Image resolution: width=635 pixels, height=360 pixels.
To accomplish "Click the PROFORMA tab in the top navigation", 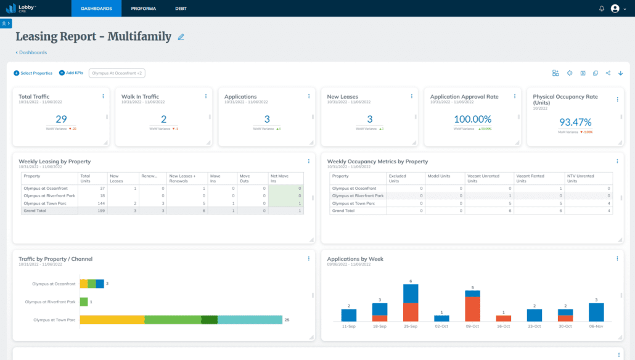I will click(144, 9).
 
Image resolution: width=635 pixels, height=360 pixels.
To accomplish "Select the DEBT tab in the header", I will click(181, 9).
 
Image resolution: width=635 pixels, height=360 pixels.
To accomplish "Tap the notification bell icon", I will click(602, 9).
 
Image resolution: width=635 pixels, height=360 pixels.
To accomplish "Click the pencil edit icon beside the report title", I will click(181, 37).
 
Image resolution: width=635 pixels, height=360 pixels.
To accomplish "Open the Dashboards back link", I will click(31, 52).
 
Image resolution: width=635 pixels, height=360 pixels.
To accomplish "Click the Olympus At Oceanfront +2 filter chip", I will click(117, 73).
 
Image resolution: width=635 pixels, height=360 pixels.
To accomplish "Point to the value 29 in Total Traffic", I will click(61, 120).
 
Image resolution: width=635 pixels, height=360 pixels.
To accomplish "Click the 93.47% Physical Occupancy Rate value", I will click(575, 122).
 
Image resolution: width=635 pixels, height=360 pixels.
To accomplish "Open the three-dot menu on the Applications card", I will click(309, 96).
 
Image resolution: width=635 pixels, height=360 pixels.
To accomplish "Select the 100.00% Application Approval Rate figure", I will click(472, 120).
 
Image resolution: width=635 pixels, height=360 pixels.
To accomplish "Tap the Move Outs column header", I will click(245, 178).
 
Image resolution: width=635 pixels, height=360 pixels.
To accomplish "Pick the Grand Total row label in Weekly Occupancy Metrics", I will click(344, 210).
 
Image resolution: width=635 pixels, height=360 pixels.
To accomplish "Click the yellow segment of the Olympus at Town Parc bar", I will click(112, 319).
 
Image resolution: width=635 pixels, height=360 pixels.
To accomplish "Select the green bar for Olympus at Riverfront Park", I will click(84, 302).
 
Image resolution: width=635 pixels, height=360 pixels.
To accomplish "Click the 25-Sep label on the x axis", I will click(411, 325).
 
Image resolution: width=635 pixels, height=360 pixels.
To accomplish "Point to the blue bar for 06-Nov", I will click(596, 312).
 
